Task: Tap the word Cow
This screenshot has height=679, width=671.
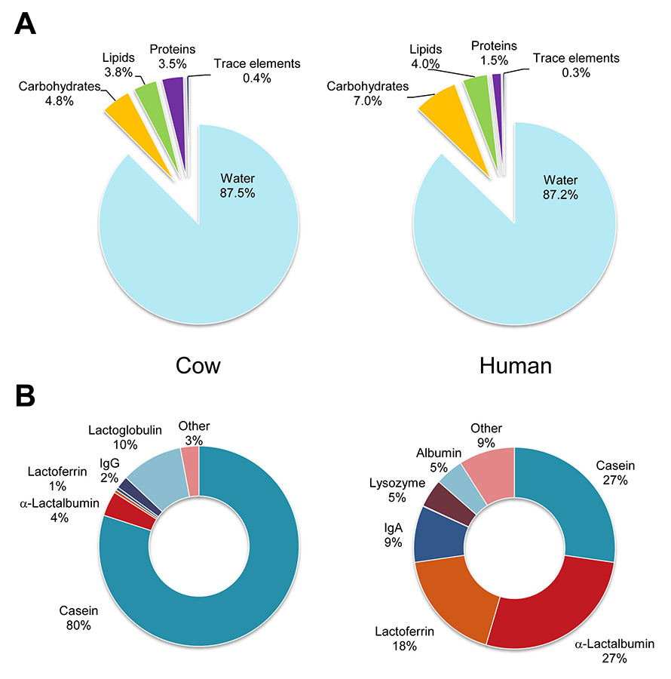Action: [198, 366]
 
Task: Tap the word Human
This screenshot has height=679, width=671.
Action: [516, 366]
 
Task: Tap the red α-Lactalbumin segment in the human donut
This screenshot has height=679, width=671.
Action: [554, 604]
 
